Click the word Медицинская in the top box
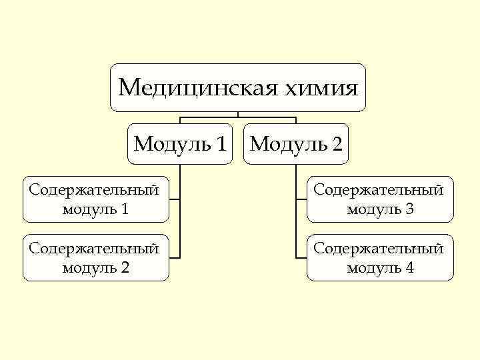(180, 87)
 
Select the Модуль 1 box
(180, 143)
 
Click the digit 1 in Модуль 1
(221, 144)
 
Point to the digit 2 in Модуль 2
(338, 144)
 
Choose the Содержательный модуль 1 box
(95, 199)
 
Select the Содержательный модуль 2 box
(95, 257)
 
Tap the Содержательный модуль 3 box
(380, 199)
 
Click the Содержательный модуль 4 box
(380, 257)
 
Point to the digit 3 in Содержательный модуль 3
(409, 209)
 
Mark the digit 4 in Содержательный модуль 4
(409, 268)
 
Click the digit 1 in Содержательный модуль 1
(125, 209)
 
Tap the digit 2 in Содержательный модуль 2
(125, 268)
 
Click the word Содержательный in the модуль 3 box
(379, 190)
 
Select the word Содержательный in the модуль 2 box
(94, 249)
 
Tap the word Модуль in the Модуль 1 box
(171, 144)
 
